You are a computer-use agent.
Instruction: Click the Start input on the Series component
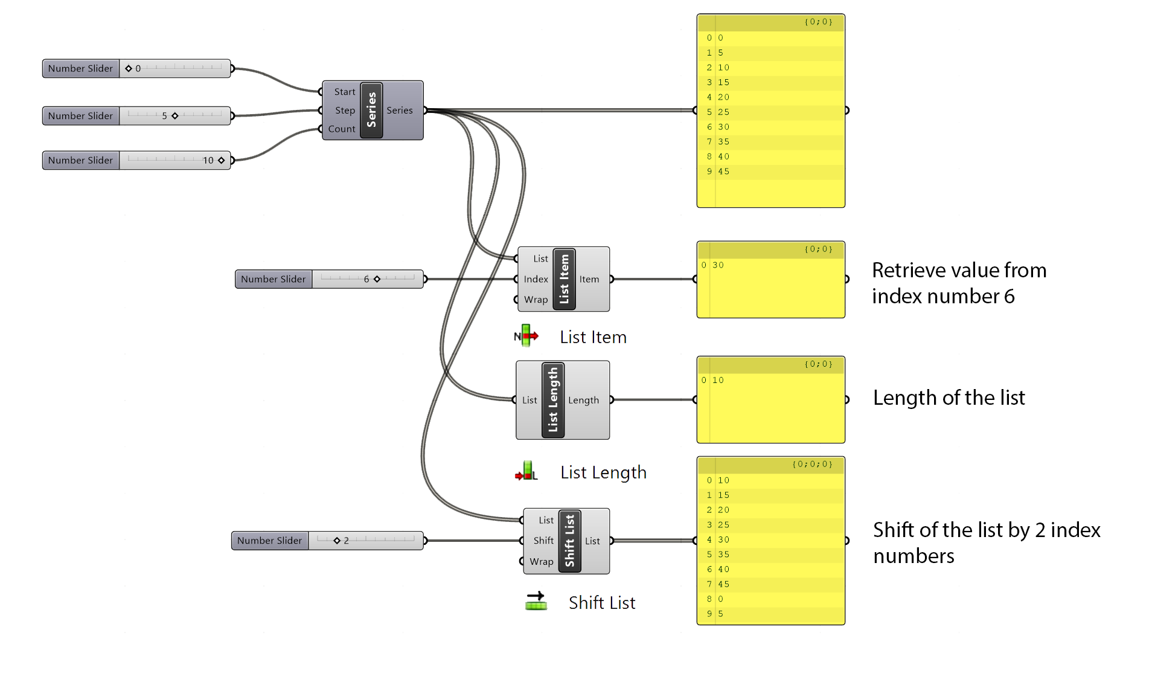pyautogui.click(x=344, y=92)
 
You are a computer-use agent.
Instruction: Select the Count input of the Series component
pyautogui.click(x=341, y=129)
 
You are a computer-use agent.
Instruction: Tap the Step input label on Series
pyautogui.click(x=345, y=111)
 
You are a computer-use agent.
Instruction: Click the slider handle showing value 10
pyautogui.click(x=222, y=160)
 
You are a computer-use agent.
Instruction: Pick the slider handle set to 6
pyautogui.click(x=377, y=279)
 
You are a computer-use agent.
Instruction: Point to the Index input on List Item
pyautogui.click(x=536, y=279)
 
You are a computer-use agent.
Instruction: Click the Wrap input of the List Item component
pyautogui.click(x=536, y=300)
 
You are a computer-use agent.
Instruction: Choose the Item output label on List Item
pyautogui.click(x=589, y=279)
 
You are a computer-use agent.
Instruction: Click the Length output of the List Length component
pyautogui.click(x=583, y=400)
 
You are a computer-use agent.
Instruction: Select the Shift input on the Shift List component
pyautogui.click(x=543, y=541)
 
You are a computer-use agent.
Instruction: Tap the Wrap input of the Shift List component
pyautogui.click(x=541, y=562)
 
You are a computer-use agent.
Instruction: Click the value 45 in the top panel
pyautogui.click(x=723, y=172)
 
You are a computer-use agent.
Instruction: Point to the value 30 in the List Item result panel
pyautogui.click(x=718, y=265)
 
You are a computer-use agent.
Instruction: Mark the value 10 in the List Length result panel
pyautogui.click(x=718, y=381)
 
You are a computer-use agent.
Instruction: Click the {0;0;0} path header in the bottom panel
pyautogui.click(x=812, y=465)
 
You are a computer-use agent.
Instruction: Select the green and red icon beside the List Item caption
pyautogui.click(x=526, y=336)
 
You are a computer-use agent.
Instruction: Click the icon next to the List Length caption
pyautogui.click(x=526, y=471)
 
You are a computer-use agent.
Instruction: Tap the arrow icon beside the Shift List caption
pyautogui.click(x=536, y=601)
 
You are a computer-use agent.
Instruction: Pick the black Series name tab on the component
pyautogui.click(x=371, y=110)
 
